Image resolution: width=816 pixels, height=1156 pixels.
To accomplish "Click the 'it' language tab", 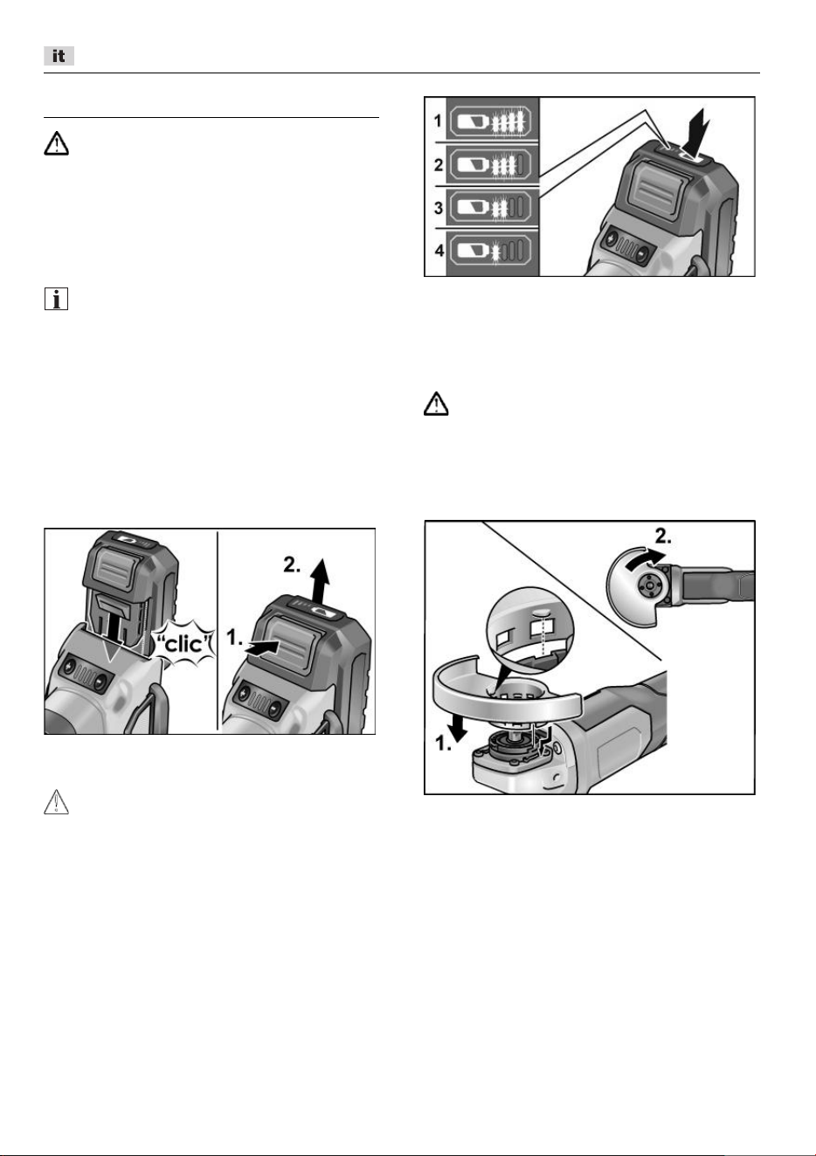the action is pyautogui.click(x=59, y=56).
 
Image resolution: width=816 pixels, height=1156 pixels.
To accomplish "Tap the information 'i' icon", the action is pyautogui.click(x=56, y=299).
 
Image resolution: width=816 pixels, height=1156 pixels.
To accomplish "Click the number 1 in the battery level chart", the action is pyautogui.click(x=438, y=121).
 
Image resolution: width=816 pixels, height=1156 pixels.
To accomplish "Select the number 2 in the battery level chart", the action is pyautogui.click(x=439, y=164).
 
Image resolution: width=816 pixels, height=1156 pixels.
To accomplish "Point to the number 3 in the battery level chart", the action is pyautogui.click(x=439, y=208).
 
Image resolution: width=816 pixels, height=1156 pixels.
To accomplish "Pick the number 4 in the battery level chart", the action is pyautogui.click(x=439, y=251).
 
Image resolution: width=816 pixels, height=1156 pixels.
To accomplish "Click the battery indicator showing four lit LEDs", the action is pyautogui.click(x=493, y=122).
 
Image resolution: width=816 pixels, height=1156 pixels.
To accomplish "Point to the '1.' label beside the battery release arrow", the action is pyautogui.click(x=234, y=638).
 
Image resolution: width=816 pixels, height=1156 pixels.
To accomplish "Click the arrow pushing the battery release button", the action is pyautogui.click(x=263, y=648).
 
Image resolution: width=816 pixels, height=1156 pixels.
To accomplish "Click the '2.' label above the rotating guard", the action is pyautogui.click(x=663, y=536).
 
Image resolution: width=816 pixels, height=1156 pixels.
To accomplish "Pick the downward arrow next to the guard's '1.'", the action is pyautogui.click(x=459, y=726).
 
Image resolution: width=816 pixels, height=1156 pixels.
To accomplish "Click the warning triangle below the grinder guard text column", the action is pyautogui.click(x=436, y=404).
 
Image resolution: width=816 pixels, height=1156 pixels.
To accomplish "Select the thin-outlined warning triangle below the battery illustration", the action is pyautogui.click(x=56, y=802).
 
